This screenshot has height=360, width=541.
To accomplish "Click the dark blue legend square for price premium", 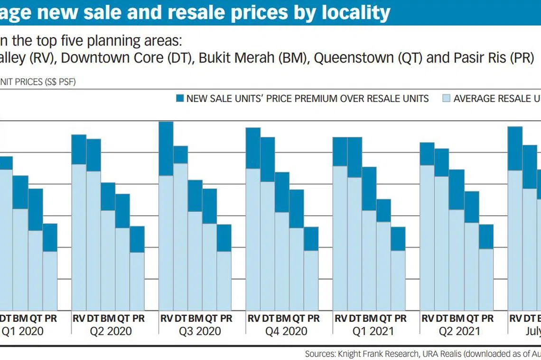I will pyautogui.click(x=179, y=99).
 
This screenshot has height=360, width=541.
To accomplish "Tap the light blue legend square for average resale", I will pyautogui.click(x=446, y=99).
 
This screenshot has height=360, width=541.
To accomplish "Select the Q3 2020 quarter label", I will pyautogui.click(x=199, y=331).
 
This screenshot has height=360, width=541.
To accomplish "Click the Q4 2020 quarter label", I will pyautogui.click(x=287, y=331).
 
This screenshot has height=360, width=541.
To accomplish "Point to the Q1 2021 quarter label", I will pyautogui.click(x=373, y=331).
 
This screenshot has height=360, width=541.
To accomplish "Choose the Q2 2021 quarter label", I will pyautogui.click(x=460, y=331).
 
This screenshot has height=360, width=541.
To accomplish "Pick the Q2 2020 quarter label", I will pyautogui.click(x=112, y=331).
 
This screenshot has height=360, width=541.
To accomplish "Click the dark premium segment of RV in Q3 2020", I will pyautogui.click(x=166, y=149).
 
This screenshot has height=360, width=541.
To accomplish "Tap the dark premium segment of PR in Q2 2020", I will pyautogui.click(x=137, y=239).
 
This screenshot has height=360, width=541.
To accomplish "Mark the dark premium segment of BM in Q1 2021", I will pyautogui.click(x=369, y=189).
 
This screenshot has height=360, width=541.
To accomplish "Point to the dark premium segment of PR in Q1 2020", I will pyautogui.click(x=50, y=237).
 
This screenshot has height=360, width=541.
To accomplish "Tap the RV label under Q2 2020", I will pyautogui.click(x=79, y=318).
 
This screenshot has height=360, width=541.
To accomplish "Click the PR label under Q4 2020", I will pyautogui.click(x=313, y=318).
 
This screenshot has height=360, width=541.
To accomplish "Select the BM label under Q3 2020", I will pyautogui.click(x=196, y=318).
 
